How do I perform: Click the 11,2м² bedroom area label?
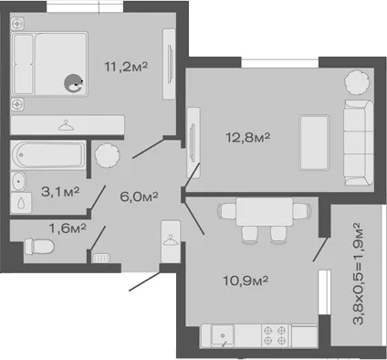click(126, 67)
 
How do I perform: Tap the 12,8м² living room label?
click(247, 137)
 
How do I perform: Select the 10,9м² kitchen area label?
click(246, 281)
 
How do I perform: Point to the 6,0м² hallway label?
click(139, 196)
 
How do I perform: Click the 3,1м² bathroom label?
click(60, 191)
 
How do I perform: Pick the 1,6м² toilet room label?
click(68, 228)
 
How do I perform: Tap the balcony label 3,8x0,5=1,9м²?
click(357, 273)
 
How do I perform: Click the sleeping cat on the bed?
click(73, 83)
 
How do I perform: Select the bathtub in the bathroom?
click(47, 154)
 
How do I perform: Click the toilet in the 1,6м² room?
click(39, 247)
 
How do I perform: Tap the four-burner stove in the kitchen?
click(275, 335)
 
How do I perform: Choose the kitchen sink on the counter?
click(223, 335)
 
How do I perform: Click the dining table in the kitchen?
click(265, 212)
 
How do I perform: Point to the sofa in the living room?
click(359, 143)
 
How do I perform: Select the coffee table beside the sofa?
click(314, 143)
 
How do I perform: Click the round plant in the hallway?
click(107, 155)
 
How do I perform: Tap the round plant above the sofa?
click(358, 82)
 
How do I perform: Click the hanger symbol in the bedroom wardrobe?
click(66, 125)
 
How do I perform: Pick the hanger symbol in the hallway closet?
click(171, 239)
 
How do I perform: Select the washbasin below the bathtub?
click(18, 182)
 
